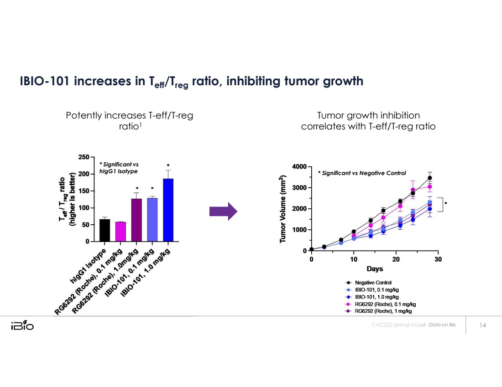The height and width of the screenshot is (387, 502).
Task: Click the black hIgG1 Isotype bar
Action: (105, 230)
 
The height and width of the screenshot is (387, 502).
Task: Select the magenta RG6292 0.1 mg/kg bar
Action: (120, 232)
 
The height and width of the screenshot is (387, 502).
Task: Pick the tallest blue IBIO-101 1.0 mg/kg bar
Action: (168, 210)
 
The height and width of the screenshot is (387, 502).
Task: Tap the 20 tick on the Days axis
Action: (396, 259)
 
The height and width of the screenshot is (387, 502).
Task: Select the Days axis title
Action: (375, 269)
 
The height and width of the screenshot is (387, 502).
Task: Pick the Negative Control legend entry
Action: (373, 283)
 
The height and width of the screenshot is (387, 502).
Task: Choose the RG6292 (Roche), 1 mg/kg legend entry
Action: (383, 311)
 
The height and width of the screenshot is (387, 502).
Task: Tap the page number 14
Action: (483, 325)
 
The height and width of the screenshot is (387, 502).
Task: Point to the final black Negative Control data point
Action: (429, 178)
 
